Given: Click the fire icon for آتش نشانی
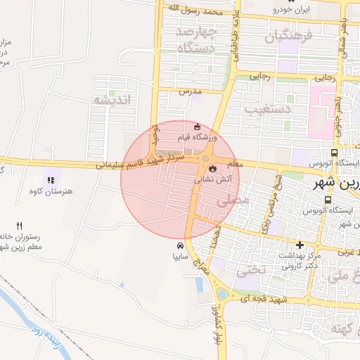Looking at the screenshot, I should pos(211,168).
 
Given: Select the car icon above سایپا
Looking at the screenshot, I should pos(181,245).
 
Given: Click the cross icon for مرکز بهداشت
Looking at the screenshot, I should pos(300,245).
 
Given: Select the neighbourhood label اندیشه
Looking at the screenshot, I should pos(112,100).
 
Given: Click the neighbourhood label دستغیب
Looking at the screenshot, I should pos(268,109).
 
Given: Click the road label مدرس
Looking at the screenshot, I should pos(190,91).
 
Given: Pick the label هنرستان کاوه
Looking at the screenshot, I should pos(47,191).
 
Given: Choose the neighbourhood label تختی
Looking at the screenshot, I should pos(248,269).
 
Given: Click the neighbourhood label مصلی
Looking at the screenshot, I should pos(235,200).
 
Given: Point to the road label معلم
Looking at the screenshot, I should pos(236,164).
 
